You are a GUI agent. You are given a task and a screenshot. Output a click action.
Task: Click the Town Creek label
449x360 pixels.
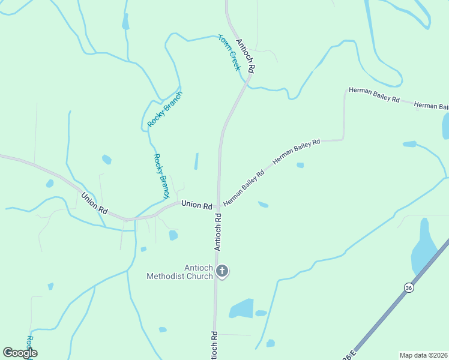(x=229, y=52)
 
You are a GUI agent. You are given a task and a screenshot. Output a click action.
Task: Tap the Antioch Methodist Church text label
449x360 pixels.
(x=180, y=272)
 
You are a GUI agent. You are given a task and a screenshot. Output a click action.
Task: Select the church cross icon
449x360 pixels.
(x=222, y=271)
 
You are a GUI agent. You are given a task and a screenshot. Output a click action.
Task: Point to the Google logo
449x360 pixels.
(x=20, y=353)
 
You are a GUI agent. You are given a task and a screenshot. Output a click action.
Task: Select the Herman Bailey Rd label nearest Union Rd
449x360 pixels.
(x=244, y=188)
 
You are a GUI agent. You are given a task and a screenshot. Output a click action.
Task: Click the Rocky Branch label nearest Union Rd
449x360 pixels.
(x=161, y=176)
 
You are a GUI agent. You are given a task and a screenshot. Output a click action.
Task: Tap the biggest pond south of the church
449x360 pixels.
(x=241, y=308)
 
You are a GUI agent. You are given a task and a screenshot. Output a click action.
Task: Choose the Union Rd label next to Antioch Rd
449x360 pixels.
(x=197, y=205)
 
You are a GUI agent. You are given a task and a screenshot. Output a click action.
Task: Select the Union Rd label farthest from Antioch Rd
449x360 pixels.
(x=94, y=203)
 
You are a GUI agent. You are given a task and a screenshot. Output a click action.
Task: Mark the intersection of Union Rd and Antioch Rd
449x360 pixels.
(x=218, y=206)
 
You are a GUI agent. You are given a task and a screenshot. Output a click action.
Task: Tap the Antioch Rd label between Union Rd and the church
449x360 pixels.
(x=218, y=230)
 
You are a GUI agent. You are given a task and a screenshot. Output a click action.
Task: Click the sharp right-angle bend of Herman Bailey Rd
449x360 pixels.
(x=343, y=140)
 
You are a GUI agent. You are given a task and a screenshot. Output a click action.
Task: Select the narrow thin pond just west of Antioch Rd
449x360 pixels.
(x=196, y=161)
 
